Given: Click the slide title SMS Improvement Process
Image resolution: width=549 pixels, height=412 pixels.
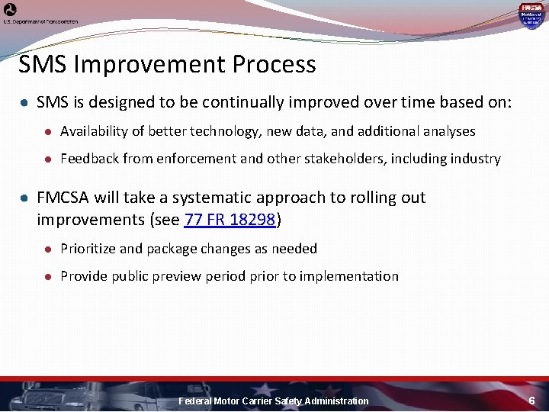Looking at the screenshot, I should (x=167, y=65).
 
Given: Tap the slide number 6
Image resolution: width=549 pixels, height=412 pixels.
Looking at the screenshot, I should (x=532, y=401).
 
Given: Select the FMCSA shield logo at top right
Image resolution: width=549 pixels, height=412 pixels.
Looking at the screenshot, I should (x=531, y=14).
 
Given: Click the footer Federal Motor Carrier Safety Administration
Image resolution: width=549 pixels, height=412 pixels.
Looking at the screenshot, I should (x=273, y=401).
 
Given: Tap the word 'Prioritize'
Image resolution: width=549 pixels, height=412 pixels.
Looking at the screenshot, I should (x=86, y=249).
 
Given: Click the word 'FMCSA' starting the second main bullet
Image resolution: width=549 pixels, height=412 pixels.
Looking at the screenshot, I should (x=63, y=198).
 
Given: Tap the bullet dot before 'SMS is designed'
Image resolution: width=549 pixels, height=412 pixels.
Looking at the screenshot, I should (x=25, y=102).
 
